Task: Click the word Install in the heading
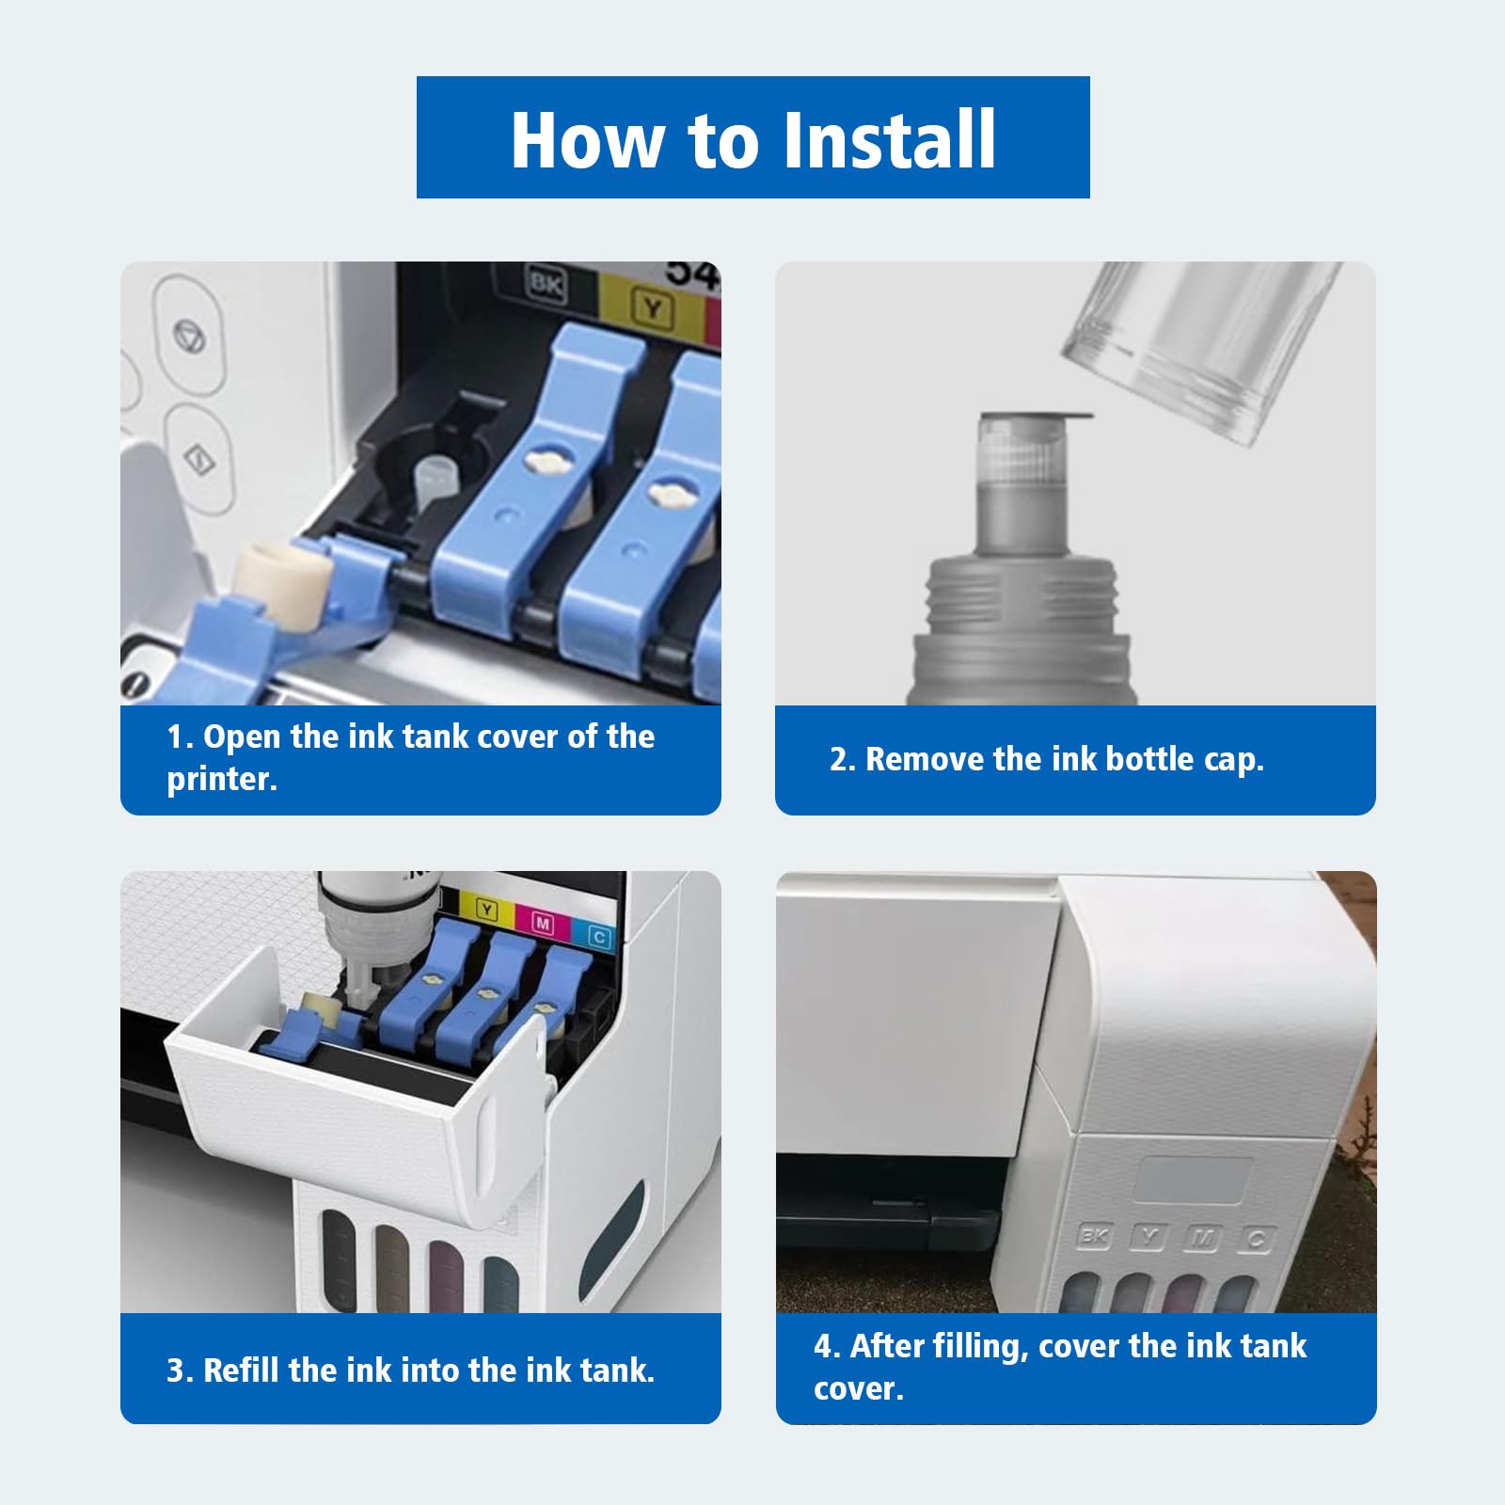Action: coord(889,139)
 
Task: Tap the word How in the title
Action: coord(586,139)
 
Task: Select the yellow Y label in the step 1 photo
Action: coord(652,308)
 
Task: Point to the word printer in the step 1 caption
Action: coord(222,780)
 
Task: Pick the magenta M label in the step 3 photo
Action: coord(543,923)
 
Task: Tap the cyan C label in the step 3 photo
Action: coord(598,936)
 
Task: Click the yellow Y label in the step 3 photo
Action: coord(486,910)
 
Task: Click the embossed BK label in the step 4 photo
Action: coord(1094,1235)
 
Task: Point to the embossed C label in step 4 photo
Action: coord(1256,1240)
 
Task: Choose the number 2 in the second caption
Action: coord(839,760)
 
